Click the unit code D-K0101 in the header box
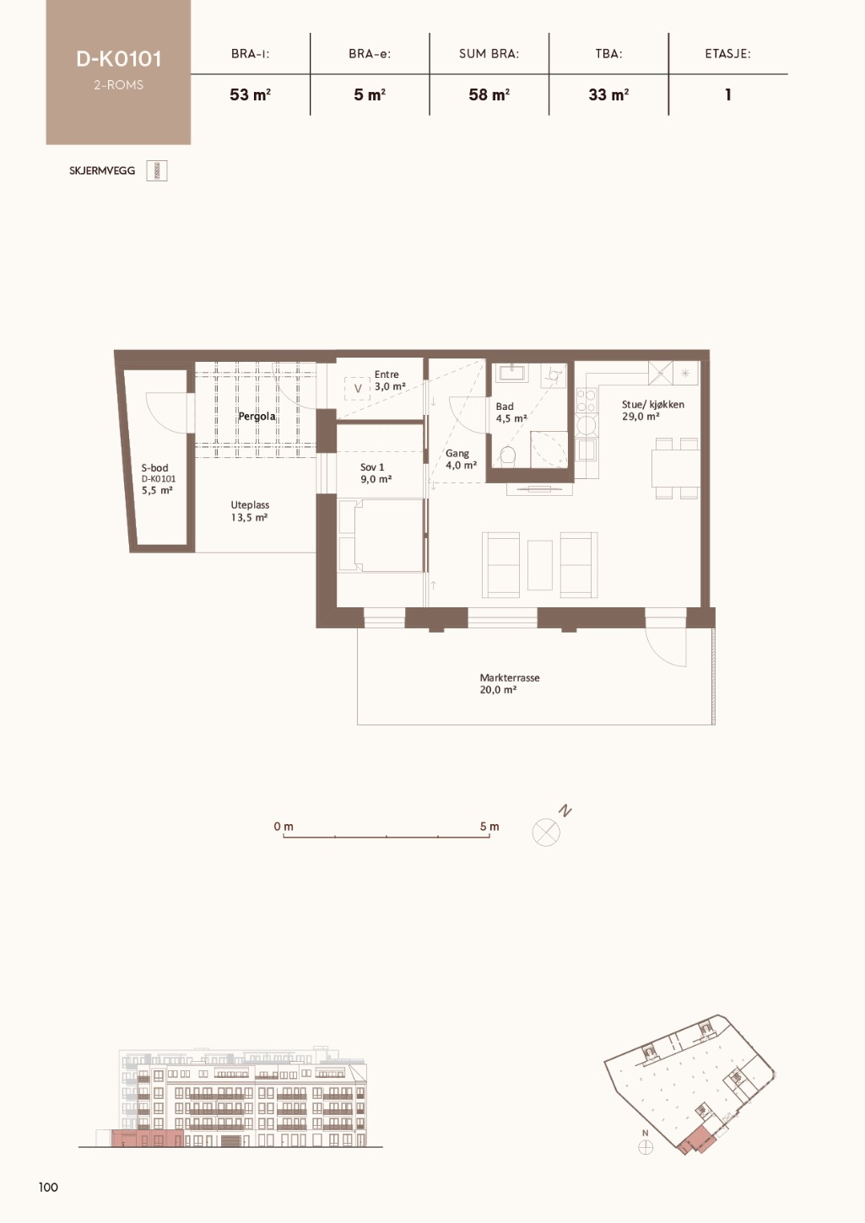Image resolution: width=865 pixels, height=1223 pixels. click(x=119, y=59)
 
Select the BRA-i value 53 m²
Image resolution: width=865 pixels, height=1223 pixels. click(x=251, y=95)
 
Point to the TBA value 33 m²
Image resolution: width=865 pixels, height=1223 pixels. click(x=608, y=95)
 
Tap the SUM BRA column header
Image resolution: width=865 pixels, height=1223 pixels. click(x=489, y=54)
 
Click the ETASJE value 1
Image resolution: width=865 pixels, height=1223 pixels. click(x=727, y=95)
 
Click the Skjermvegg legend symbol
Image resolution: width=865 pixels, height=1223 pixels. click(x=157, y=171)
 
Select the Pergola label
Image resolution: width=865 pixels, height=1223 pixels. click(x=257, y=417)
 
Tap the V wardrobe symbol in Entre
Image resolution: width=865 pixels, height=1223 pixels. click(x=358, y=389)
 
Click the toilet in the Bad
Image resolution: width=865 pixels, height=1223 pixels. click(x=508, y=455)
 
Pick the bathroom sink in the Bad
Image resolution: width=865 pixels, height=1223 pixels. click(x=512, y=374)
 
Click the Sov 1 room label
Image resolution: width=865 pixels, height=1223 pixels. click(x=372, y=467)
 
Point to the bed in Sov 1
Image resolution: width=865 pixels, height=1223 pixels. click(x=381, y=535)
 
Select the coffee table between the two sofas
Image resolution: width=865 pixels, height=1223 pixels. click(x=540, y=565)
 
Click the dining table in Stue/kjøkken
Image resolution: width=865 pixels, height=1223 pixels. click(x=676, y=468)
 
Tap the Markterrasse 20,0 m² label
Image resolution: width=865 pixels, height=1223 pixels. click(x=509, y=683)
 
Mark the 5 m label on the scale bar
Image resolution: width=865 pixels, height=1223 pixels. click(x=489, y=826)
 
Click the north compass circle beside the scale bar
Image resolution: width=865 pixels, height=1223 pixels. click(x=546, y=832)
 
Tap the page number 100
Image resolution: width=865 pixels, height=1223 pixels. click(x=48, y=1187)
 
